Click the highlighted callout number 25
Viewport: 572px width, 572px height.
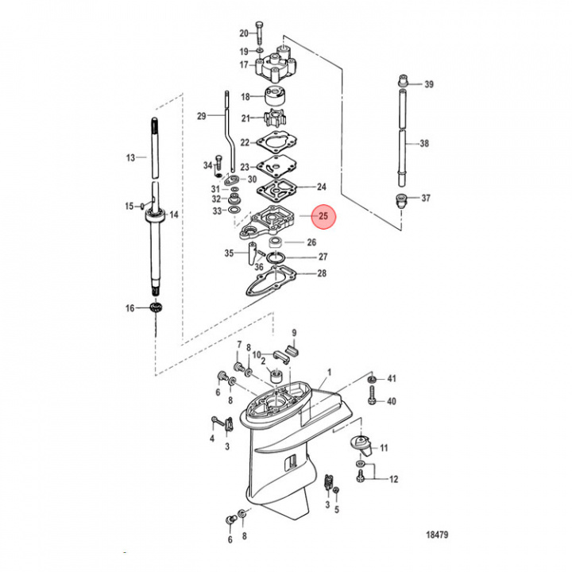323,214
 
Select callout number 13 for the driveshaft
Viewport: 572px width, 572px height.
131,158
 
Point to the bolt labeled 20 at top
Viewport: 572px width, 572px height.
261,33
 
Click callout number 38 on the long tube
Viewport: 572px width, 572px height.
424,144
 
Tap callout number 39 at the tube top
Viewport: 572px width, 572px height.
429,83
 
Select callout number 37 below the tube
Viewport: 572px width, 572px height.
426,198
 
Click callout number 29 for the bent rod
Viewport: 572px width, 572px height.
202,116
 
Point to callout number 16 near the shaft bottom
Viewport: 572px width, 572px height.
130,308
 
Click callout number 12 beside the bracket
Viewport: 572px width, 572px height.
394,479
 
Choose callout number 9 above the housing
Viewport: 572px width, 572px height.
293,332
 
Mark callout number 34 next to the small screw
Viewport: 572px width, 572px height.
207,165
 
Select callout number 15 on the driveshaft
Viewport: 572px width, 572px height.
130,207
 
